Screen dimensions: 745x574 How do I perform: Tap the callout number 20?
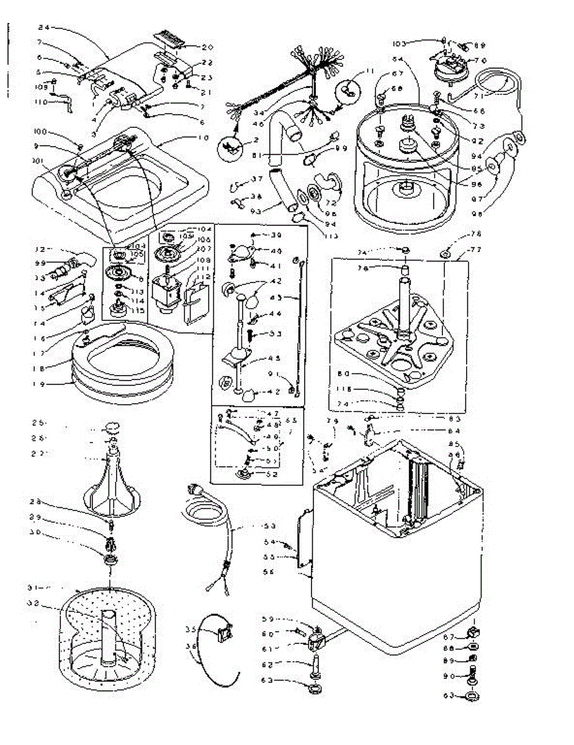tap(207, 47)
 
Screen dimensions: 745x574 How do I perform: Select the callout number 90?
tap(449, 676)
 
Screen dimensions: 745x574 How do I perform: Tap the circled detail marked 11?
tap(349, 89)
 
